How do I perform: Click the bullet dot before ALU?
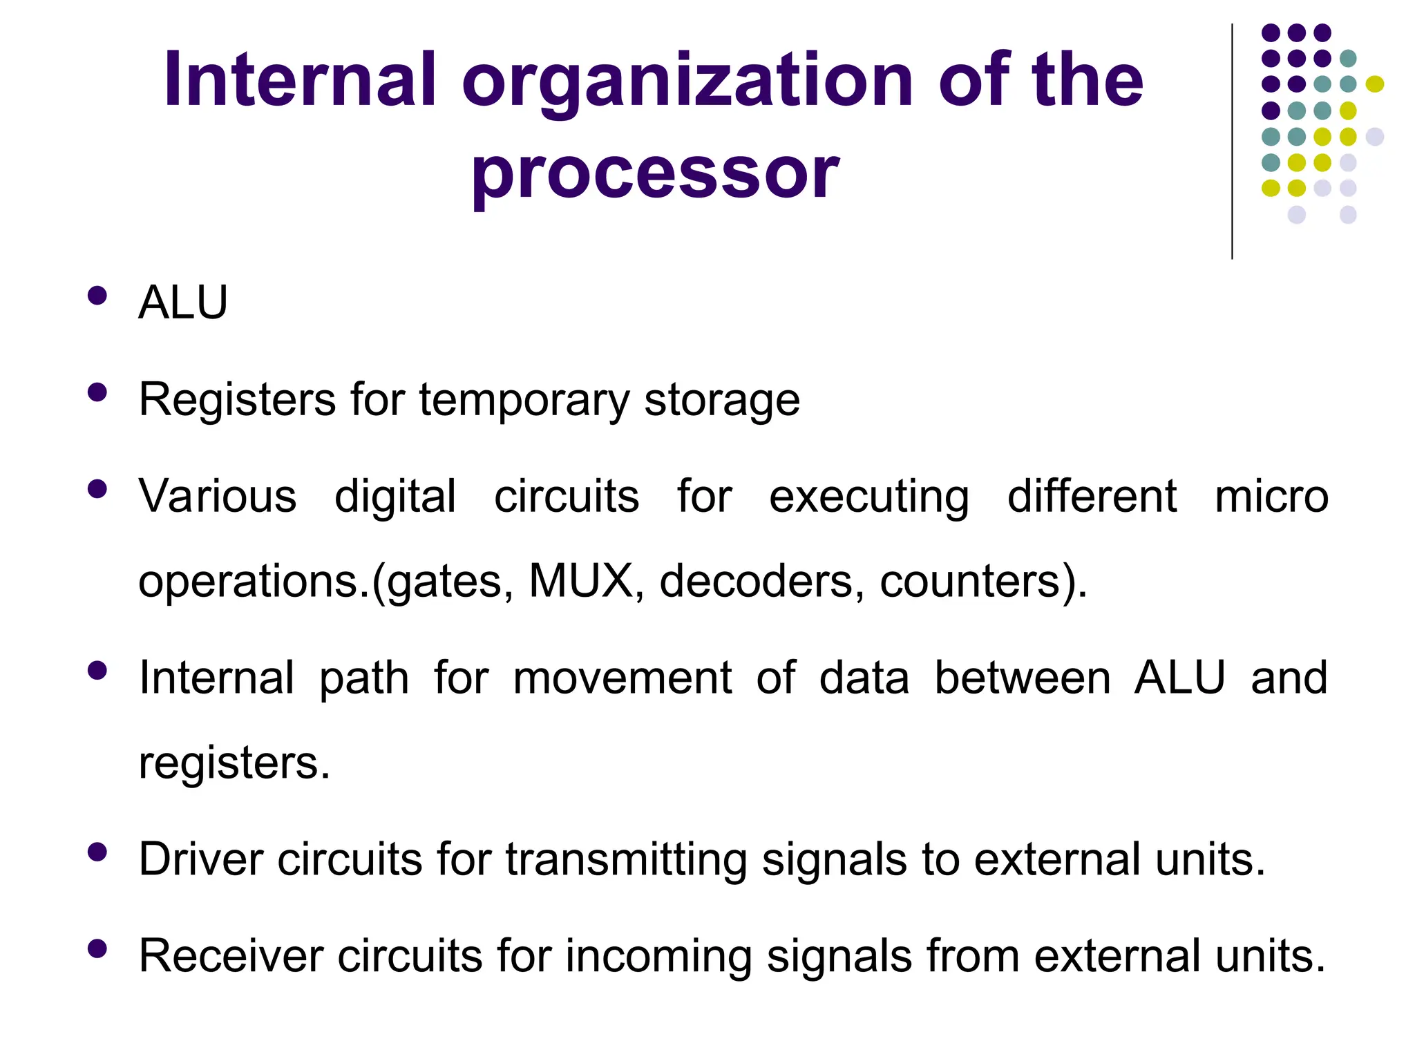97,296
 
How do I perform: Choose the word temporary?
524,401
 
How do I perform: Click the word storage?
722,401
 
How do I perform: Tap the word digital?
395,497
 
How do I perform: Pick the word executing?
869,498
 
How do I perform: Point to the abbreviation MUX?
580,581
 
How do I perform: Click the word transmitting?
626,861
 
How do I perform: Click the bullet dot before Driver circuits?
97,852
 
